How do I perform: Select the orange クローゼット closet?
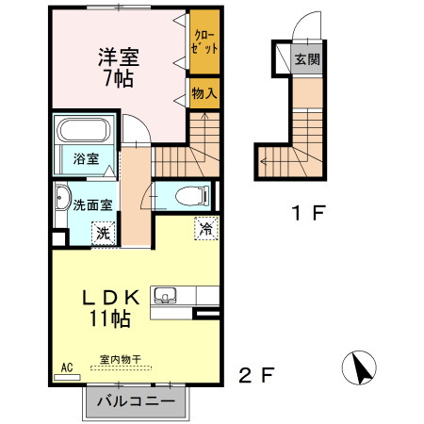coord(203,42)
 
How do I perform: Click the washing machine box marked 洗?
coord(100,231)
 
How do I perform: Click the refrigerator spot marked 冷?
coord(204,227)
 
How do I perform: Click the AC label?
coord(67,367)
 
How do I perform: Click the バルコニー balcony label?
coord(135,401)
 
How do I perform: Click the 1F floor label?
coord(306,212)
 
